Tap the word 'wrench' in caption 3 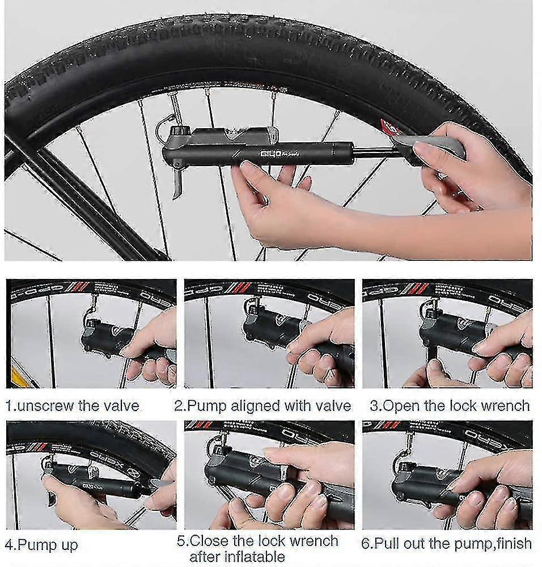(502, 406)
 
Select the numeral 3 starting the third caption (374, 406)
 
